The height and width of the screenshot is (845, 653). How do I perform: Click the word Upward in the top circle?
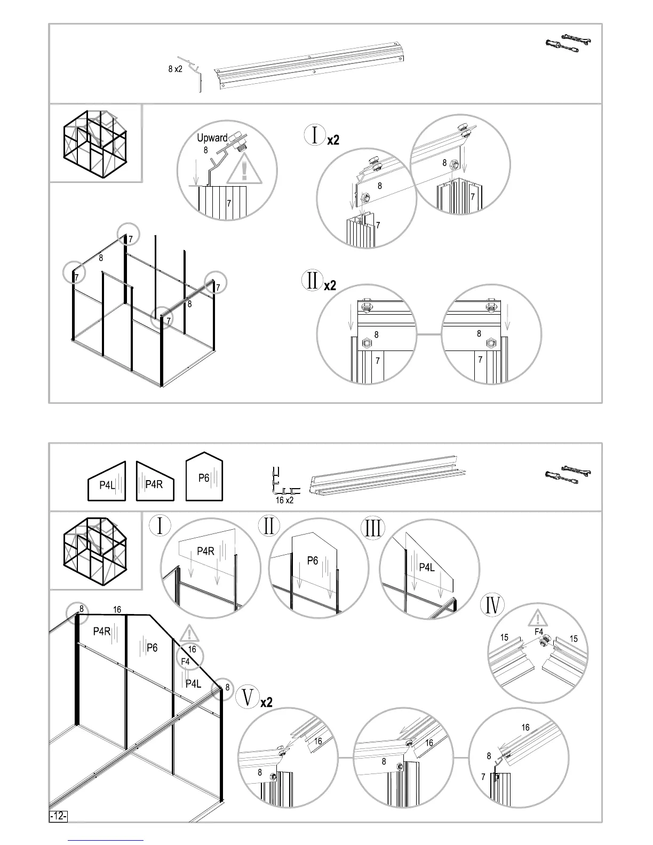pyautogui.click(x=212, y=138)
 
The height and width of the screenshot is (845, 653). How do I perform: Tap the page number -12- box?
pyautogui.click(x=58, y=831)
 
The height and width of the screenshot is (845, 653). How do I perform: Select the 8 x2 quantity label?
pyautogui.click(x=175, y=69)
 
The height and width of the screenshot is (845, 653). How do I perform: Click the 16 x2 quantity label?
pyautogui.click(x=284, y=500)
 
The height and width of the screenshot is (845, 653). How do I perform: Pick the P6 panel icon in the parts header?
pyautogui.click(x=204, y=477)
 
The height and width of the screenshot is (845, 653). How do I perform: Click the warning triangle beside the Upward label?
pyautogui.click(x=244, y=170)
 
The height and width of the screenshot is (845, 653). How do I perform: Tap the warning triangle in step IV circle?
pyautogui.click(x=539, y=619)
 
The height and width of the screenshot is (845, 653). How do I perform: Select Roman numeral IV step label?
pyautogui.click(x=493, y=605)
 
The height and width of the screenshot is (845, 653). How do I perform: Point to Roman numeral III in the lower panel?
pyautogui.click(x=373, y=528)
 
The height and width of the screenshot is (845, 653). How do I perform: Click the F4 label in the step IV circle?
pyautogui.click(x=539, y=632)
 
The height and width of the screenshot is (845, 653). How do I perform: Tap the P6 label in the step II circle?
pyautogui.click(x=313, y=560)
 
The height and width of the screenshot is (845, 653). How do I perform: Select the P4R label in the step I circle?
pyautogui.click(x=205, y=551)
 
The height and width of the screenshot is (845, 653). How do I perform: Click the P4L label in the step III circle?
pyautogui.click(x=427, y=567)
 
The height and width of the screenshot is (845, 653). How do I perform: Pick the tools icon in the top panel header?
pyautogui.click(x=568, y=43)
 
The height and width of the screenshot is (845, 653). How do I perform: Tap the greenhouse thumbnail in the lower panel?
pyautogui.click(x=95, y=550)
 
